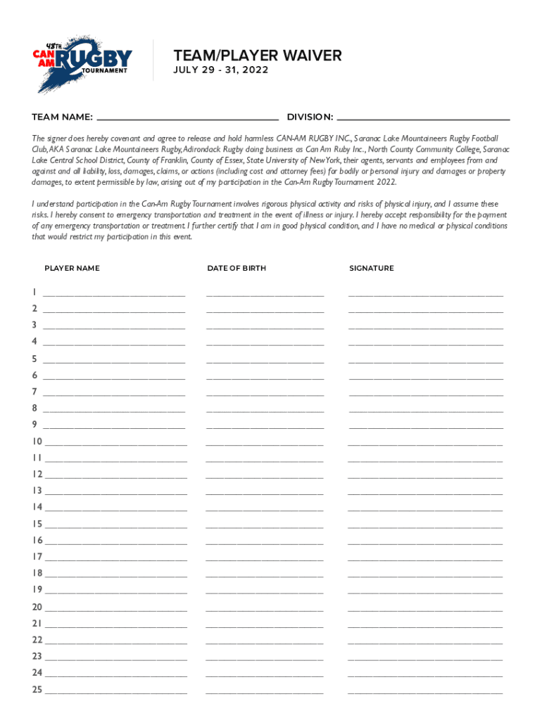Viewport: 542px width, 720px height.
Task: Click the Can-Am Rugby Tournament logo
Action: (x=83, y=62)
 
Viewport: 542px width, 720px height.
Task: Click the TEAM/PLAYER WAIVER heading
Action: (x=258, y=56)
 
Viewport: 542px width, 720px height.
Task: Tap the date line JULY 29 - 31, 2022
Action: (x=221, y=70)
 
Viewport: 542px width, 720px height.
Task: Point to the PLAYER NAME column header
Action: (x=72, y=268)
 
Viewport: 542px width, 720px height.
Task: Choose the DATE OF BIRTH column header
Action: (x=237, y=268)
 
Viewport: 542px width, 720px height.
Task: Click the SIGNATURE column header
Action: (x=372, y=268)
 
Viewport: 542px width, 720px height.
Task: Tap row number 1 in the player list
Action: (x=34, y=292)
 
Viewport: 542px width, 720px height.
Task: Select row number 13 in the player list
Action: (x=37, y=491)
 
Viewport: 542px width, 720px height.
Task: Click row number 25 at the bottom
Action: (x=37, y=690)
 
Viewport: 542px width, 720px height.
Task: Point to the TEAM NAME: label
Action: (x=62, y=117)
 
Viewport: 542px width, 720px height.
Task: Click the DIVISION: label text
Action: (x=310, y=117)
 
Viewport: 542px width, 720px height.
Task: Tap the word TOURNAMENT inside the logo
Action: (x=105, y=70)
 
